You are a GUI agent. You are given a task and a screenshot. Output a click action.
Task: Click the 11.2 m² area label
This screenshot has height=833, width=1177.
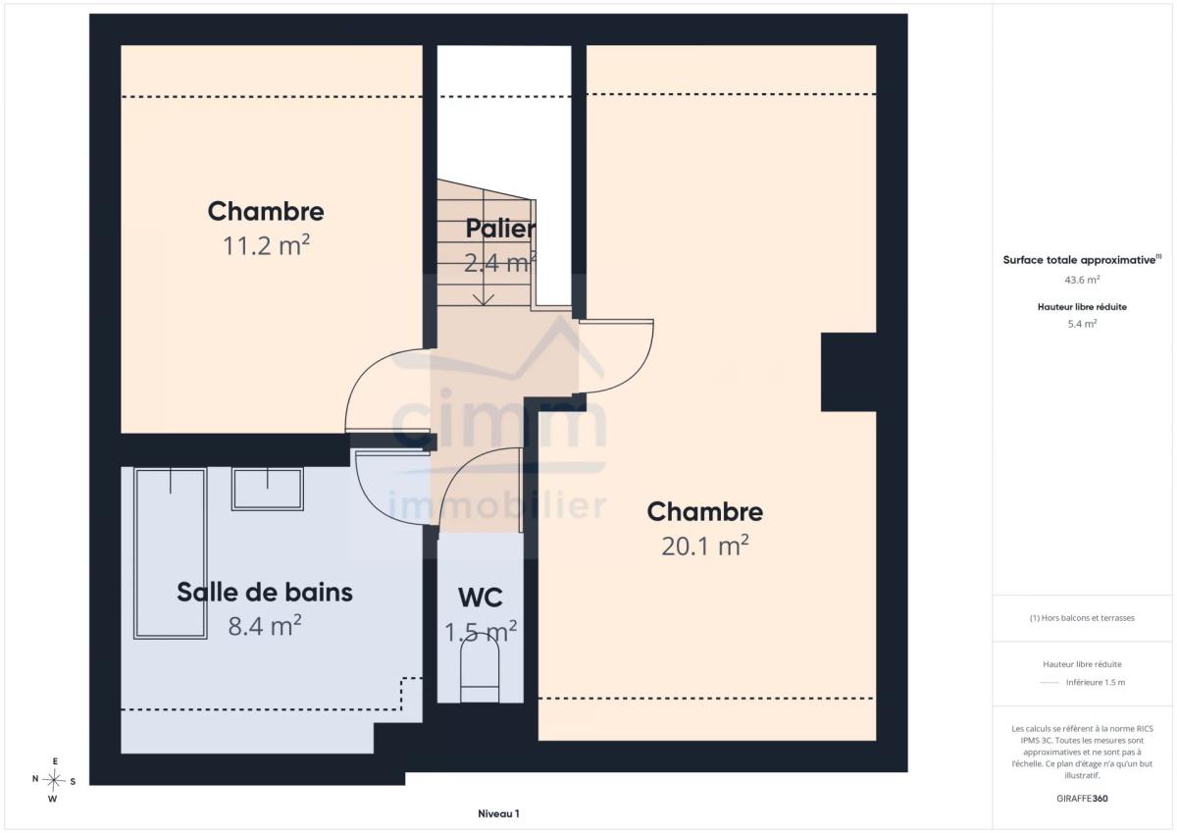point(267,246)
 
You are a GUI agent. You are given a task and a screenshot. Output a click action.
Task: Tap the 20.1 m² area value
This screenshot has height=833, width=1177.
point(705,547)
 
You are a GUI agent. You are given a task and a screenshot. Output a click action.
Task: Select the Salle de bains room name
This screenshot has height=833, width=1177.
point(265,593)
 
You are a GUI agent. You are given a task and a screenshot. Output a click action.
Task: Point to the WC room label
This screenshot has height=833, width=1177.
point(481,598)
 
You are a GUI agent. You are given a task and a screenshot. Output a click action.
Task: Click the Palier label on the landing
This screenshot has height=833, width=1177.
point(501,229)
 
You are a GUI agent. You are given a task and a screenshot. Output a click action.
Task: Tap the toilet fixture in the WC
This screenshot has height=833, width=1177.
point(480,674)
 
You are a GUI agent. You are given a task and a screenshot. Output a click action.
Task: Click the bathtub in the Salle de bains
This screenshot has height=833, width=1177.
point(171,553)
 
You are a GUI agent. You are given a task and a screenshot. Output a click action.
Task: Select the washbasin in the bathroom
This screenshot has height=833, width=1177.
point(268,489)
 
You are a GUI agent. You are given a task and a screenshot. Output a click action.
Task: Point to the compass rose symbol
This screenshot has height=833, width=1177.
point(54,780)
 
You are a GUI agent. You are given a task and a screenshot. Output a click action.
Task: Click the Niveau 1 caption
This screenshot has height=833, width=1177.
point(498,813)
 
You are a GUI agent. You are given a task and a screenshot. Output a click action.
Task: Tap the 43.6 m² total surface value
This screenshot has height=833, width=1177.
point(1082,280)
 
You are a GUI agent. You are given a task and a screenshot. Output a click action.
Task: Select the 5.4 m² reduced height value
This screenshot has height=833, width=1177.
point(1082,324)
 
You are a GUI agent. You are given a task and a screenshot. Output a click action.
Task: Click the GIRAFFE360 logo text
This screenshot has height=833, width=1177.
point(1082,799)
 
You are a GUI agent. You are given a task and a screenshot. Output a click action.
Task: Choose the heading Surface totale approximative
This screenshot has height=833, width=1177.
point(1082,260)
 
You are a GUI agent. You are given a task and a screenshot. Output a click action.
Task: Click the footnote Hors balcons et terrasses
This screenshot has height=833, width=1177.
point(1082,618)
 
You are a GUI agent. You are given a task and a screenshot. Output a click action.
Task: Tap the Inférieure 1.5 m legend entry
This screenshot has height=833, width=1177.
point(1096,682)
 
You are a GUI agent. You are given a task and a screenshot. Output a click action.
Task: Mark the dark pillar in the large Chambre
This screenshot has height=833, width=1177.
point(848,372)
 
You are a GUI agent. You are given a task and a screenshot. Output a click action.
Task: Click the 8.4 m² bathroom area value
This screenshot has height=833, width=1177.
point(265,626)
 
